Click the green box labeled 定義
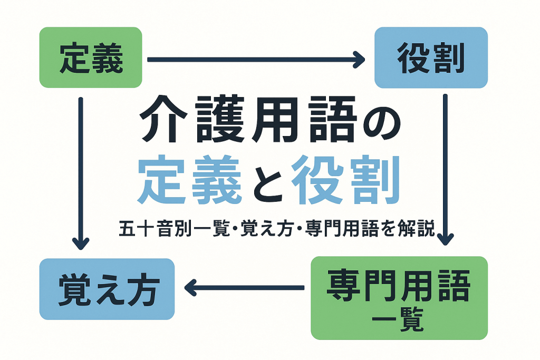point(91,57)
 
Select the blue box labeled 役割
point(431,57)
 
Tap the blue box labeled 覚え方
point(107,289)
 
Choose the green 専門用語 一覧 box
point(399,298)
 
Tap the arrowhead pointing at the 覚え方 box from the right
point(189,288)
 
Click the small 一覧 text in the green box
point(399,320)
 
